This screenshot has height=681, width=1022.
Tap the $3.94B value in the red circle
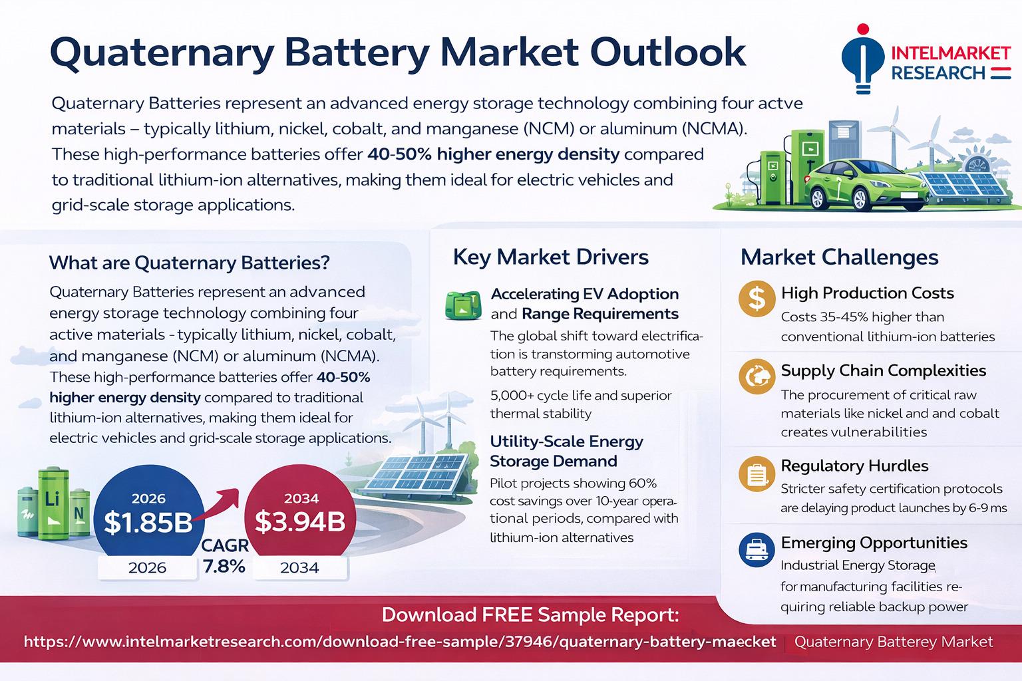point(300,522)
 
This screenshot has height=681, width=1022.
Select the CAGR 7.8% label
point(224,556)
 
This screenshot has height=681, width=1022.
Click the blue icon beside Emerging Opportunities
point(757,550)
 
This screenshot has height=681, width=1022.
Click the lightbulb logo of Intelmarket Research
point(862,60)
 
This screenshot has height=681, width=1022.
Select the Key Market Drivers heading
point(550,257)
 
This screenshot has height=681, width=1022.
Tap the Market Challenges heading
point(839,257)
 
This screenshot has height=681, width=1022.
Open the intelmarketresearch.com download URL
point(400,642)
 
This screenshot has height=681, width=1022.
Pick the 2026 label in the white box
point(147,568)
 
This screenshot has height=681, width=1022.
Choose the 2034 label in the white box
point(299,568)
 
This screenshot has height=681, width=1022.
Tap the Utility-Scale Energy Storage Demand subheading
point(566,451)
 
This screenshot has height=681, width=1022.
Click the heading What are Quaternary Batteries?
point(190,263)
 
